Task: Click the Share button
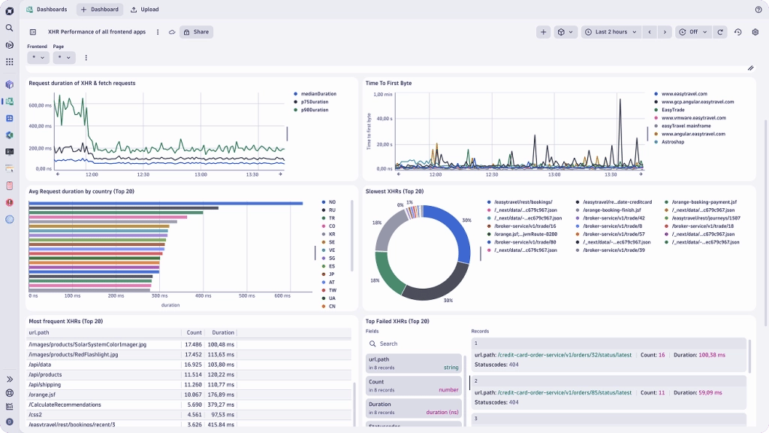[196, 32]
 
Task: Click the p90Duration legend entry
[314, 110]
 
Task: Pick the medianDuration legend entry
[318, 94]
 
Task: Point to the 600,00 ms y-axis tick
[40, 105]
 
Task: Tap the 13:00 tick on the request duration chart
[201, 174]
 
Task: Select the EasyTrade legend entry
[673, 110]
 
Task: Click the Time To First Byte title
[388, 83]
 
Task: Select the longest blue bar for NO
[165, 203]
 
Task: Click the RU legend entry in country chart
[331, 210]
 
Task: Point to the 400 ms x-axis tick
[204, 296]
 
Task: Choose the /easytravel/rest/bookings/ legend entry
[523, 202]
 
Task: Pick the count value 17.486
[193, 344]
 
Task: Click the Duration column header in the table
[222, 332]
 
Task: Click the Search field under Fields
[413, 344]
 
